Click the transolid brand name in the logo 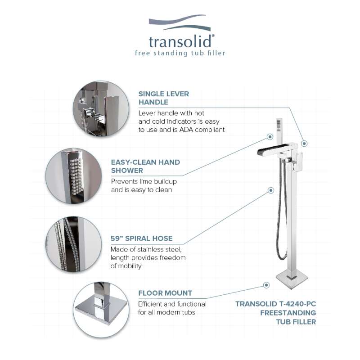pos(180,41)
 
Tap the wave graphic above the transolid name pos(180,22)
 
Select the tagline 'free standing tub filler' pos(180,53)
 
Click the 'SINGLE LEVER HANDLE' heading pos(164,98)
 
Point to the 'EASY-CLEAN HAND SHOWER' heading pos(145,166)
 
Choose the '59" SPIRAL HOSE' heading pos(142,238)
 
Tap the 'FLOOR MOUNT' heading pos(165,293)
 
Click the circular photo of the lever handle pos(101,109)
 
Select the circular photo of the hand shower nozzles pos(74,176)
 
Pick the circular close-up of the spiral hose pos(74,244)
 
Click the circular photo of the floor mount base pos(101,310)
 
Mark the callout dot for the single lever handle pos(304,144)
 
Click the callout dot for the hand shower pos(270,137)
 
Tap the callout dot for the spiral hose pos(271,190)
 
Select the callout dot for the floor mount pos(266,285)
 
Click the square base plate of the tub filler pos(292,279)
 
